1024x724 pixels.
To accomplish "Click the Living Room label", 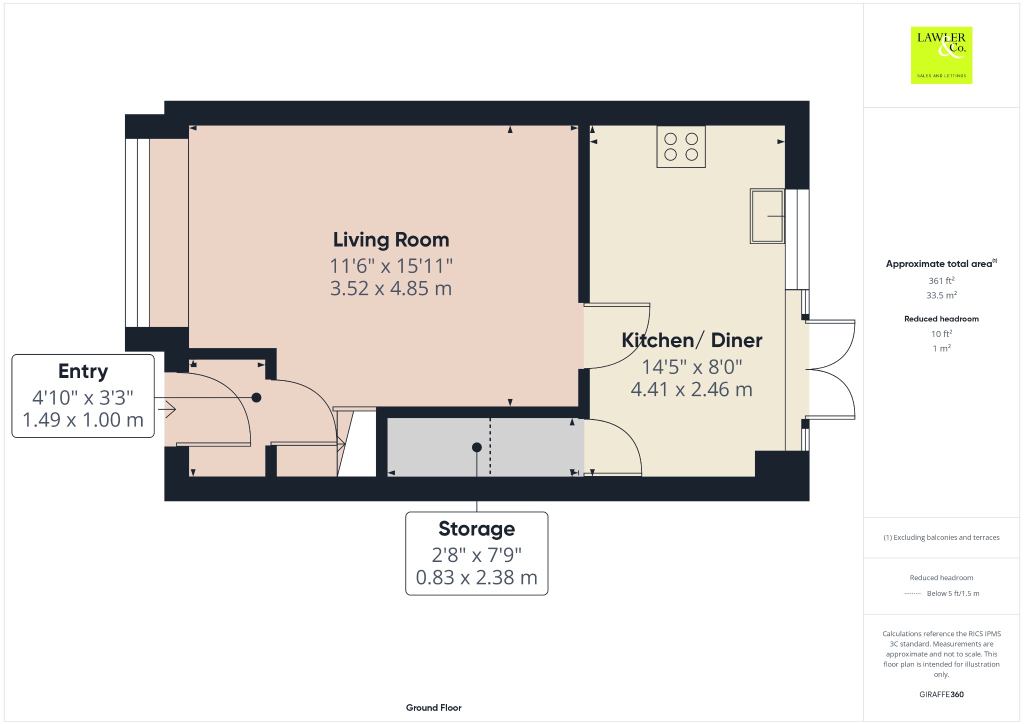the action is point(391,240).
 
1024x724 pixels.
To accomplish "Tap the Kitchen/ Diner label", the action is point(691,340).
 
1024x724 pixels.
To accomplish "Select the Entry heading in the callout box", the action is point(83,371).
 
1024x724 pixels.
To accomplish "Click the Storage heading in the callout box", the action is point(476,529).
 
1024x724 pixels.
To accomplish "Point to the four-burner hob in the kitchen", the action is point(681,146).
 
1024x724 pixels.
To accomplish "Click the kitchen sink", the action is point(767,216).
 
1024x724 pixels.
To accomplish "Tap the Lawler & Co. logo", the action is point(941,55).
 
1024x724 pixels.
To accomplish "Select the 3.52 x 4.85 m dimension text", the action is point(391,288).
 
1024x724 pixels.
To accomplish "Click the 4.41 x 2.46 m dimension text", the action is point(691,389).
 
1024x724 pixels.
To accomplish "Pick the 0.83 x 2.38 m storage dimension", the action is point(476,577).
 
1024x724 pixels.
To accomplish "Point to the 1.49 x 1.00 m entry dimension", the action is point(83,420).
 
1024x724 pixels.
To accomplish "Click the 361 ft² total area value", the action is point(941,280).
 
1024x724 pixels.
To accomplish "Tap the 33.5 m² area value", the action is point(941,295).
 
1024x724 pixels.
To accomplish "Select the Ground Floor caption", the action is point(433,707).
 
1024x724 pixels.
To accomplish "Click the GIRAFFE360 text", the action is point(941,694).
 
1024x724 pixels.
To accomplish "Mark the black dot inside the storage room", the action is point(476,447).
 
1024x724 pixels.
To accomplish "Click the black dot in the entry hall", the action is point(256,397).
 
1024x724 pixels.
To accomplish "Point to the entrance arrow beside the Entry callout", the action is point(167,410).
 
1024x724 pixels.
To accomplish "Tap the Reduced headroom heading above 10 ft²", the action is point(941,319).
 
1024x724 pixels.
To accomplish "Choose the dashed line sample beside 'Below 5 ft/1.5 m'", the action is point(912,593).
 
